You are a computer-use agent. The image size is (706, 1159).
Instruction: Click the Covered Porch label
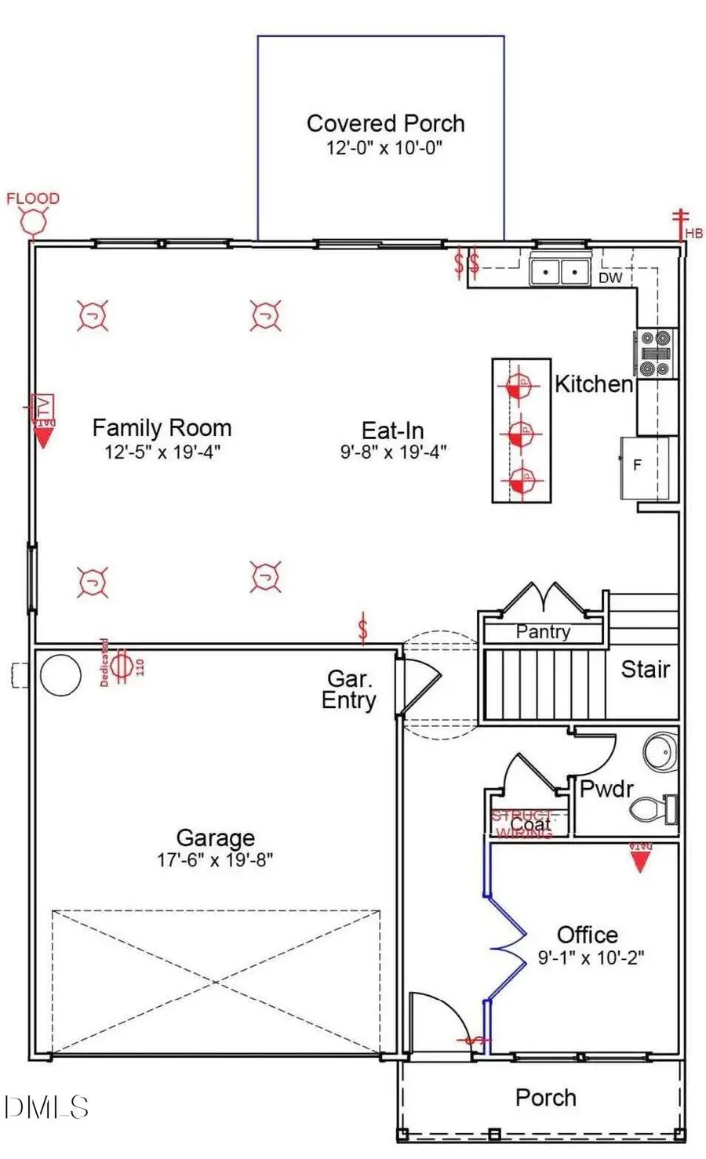pyautogui.click(x=385, y=124)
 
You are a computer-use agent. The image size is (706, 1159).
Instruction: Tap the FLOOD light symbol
pyautogui.click(x=34, y=222)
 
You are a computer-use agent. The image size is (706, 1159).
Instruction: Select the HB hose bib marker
pyautogui.click(x=682, y=225)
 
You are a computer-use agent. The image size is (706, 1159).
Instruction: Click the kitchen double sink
pyautogui.click(x=560, y=271)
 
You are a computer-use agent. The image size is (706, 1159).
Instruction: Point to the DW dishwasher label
pyautogui.click(x=610, y=278)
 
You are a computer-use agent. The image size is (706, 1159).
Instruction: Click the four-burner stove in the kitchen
pyautogui.click(x=655, y=354)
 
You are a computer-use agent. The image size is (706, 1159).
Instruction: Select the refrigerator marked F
pyautogui.click(x=645, y=467)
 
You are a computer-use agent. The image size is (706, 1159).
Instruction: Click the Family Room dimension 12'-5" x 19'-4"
pyautogui.click(x=162, y=452)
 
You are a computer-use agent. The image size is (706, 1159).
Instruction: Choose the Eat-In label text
pyautogui.click(x=392, y=431)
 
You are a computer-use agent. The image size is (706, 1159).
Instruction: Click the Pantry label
pyautogui.click(x=543, y=632)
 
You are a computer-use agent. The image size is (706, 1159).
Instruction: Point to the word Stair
pyautogui.click(x=645, y=669)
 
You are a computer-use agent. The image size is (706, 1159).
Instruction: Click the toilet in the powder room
pyautogui.click(x=653, y=809)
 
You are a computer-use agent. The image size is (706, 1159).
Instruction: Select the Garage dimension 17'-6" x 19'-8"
pyautogui.click(x=215, y=859)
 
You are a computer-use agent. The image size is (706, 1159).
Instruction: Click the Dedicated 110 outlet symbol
pyautogui.click(x=121, y=665)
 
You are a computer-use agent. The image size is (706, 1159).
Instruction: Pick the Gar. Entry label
pyautogui.click(x=349, y=689)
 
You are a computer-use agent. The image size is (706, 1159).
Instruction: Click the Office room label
pyautogui.click(x=587, y=935)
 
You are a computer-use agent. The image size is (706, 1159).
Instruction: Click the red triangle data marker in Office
pyautogui.click(x=641, y=861)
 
